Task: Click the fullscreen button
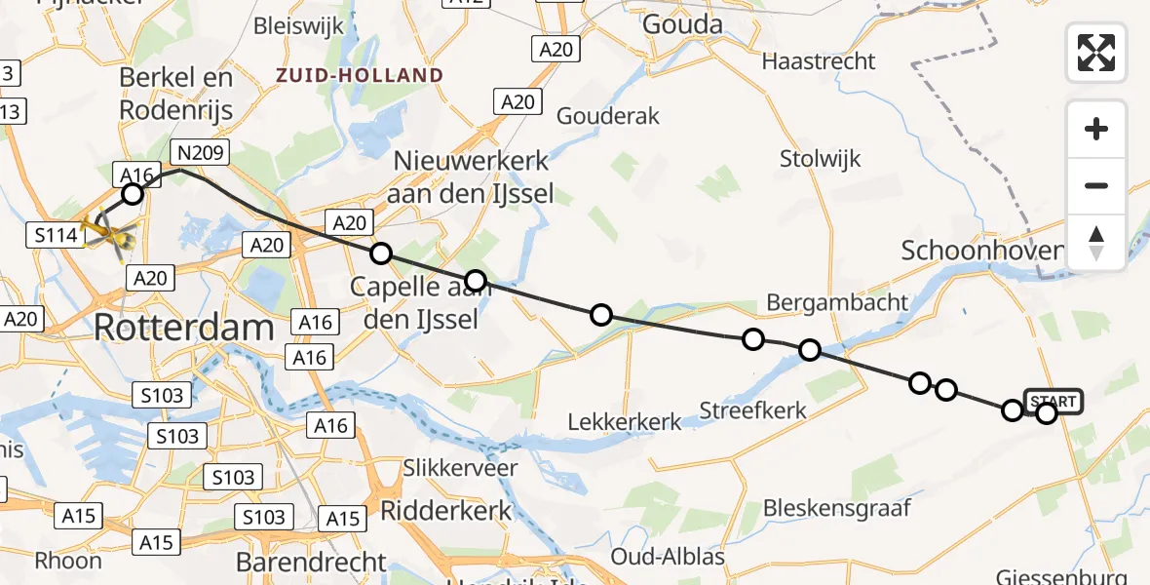pyautogui.click(x=1096, y=53)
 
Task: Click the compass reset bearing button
pyautogui.click(x=1096, y=242)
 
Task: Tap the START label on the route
pyautogui.click(x=1054, y=402)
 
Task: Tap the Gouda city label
pyautogui.click(x=682, y=24)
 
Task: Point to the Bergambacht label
pyautogui.click(x=837, y=302)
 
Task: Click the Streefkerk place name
pyautogui.click(x=753, y=409)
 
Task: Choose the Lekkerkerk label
pyautogui.click(x=625, y=421)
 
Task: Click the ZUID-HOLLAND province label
pyautogui.click(x=360, y=75)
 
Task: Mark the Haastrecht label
pyautogui.click(x=819, y=61)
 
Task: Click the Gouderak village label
pyautogui.click(x=608, y=116)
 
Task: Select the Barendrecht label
pyautogui.click(x=311, y=563)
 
